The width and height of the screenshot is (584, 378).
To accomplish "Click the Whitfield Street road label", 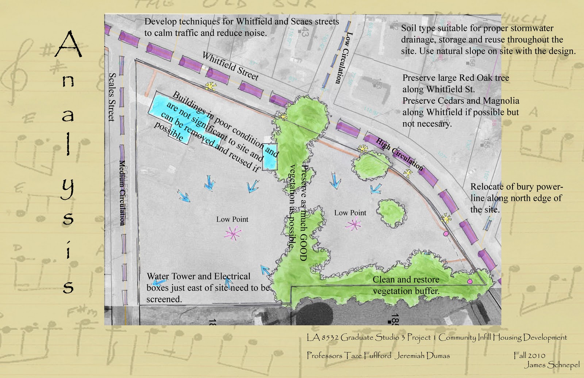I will click(230, 66).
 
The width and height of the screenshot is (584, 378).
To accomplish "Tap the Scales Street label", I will click(112, 97).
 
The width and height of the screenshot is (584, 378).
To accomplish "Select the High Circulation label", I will click(400, 154).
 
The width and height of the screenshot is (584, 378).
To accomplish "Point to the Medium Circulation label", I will click(123, 192).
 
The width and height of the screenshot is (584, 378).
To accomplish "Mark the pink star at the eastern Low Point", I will click(353, 224).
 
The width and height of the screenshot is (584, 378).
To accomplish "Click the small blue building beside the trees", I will click(270, 158).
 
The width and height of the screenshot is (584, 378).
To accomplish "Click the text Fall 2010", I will click(529, 355).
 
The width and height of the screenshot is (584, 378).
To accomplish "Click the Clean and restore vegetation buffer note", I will click(406, 285).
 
